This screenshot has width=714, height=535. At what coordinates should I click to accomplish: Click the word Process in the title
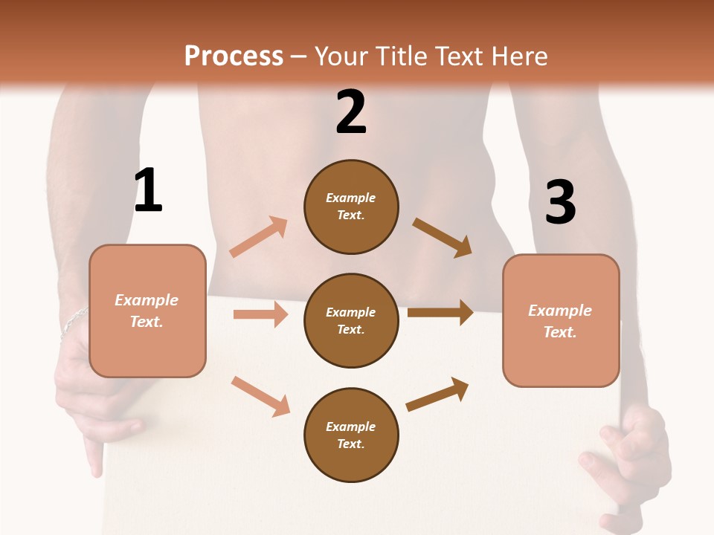click(x=234, y=56)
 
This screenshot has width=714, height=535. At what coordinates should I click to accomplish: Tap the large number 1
click(x=148, y=190)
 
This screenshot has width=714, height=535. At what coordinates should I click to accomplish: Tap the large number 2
click(x=351, y=111)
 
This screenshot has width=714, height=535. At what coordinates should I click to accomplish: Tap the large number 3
click(x=560, y=202)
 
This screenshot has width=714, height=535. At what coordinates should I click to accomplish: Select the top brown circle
click(x=351, y=207)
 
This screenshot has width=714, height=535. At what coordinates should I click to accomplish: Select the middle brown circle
click(x=351, y=320)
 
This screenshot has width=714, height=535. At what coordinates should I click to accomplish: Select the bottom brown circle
click(x=351, y=435)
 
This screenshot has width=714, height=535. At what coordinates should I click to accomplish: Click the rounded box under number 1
click(x=147, y=311)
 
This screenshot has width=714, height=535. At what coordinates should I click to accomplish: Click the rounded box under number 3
click(x=561, y=320)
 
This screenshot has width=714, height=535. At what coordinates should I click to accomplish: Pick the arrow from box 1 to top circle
click(x=259, y=237)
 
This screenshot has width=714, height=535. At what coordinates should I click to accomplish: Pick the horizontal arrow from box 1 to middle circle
click(x=260, y=314)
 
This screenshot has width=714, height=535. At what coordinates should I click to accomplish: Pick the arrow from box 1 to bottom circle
click(x=260, y=396)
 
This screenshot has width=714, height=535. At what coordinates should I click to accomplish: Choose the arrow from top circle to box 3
click(x=443, y=238)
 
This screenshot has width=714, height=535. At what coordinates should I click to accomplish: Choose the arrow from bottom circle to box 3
click(x=437, y=395)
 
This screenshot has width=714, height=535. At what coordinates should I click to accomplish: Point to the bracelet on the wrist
click(x=74, y=320)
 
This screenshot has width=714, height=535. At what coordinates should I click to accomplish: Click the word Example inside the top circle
click(x=351, y=198)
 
